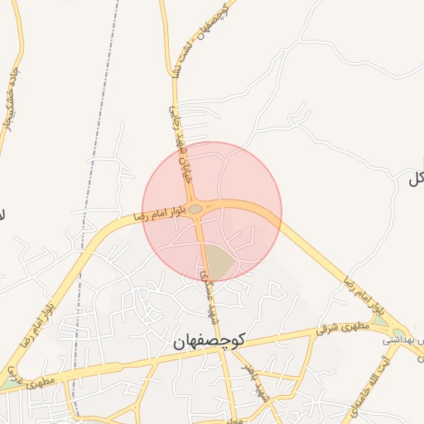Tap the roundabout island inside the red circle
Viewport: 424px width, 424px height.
(196, 210)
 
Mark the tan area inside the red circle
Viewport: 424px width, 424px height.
(217, 260)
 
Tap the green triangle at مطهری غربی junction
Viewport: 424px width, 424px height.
(10, 383)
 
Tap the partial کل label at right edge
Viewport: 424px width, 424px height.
(415, 179)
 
